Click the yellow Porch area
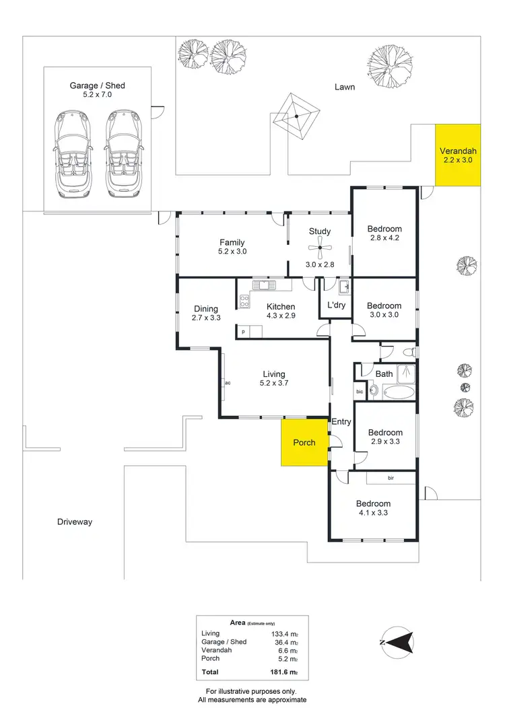coord(304,442)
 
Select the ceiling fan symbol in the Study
coord(321,248)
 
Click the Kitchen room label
coord(280,307)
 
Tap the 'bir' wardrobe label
coord(391,478)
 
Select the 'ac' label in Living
coord(228,383)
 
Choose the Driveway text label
coord(74,522)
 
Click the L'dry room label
coord(336,306)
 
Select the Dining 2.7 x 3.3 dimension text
coord(206,317)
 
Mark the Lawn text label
coord(345,87)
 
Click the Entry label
coord(341,422)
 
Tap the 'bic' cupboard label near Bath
coord(360,391)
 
